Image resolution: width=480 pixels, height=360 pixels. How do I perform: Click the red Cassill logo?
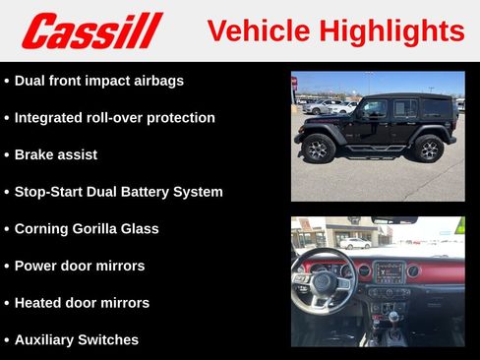coord(91,30)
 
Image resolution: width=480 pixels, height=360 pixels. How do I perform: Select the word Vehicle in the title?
coord(259,30)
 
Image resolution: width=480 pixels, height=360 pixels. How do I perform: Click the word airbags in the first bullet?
coord(157,81)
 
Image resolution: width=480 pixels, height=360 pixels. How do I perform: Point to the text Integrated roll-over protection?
coord(114,118)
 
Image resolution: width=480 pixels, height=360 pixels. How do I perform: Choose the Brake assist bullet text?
coord(56,154)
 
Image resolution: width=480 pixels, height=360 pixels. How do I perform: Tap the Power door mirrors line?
coord(80,266)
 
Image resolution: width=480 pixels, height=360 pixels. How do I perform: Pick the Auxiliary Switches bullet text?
coord(77,339)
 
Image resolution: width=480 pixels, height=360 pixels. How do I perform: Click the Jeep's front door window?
coord(374,109)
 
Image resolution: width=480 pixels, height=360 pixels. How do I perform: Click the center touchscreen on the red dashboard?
coord(388,272)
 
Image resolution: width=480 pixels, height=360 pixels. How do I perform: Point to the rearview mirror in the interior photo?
coord(393,220)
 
